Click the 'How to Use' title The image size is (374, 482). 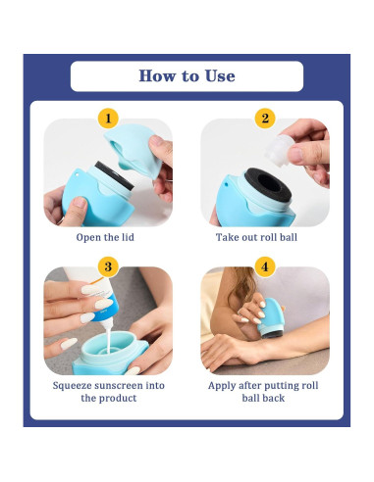point(187,75)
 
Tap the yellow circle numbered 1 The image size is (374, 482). point(108,120)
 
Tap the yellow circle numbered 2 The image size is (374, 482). point(264,120)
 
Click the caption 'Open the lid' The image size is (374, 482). point(108,237)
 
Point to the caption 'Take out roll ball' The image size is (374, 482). point(264,237)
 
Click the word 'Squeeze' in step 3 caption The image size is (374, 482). point(76,385)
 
